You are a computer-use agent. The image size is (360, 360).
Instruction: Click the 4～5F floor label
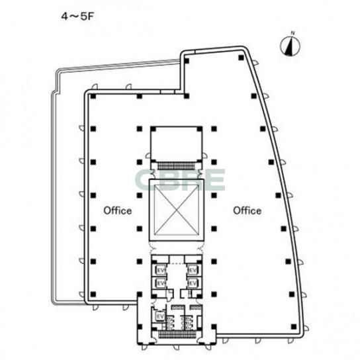[77, 17]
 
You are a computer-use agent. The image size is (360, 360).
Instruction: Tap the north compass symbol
[290, 46]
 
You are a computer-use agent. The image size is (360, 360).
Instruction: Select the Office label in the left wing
[118, 210]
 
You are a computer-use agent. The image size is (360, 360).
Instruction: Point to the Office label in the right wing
[247, 210]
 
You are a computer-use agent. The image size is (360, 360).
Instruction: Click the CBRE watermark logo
[180, 180]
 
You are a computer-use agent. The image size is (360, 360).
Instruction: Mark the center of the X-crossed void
[176, 210]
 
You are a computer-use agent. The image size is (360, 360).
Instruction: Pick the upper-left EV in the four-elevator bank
[161, 271]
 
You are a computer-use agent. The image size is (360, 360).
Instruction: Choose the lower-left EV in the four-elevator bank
[161, 283]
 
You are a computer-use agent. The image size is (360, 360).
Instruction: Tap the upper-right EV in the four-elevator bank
[193, 271]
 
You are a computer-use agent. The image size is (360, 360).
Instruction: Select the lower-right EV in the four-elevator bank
[193, 283]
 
